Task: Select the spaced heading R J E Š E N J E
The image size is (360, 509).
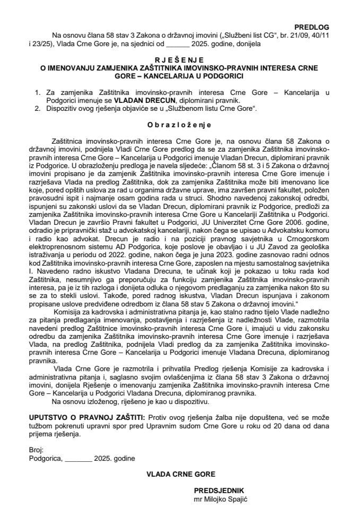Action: pos(180,62)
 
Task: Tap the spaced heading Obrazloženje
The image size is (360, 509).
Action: pos(179,126)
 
